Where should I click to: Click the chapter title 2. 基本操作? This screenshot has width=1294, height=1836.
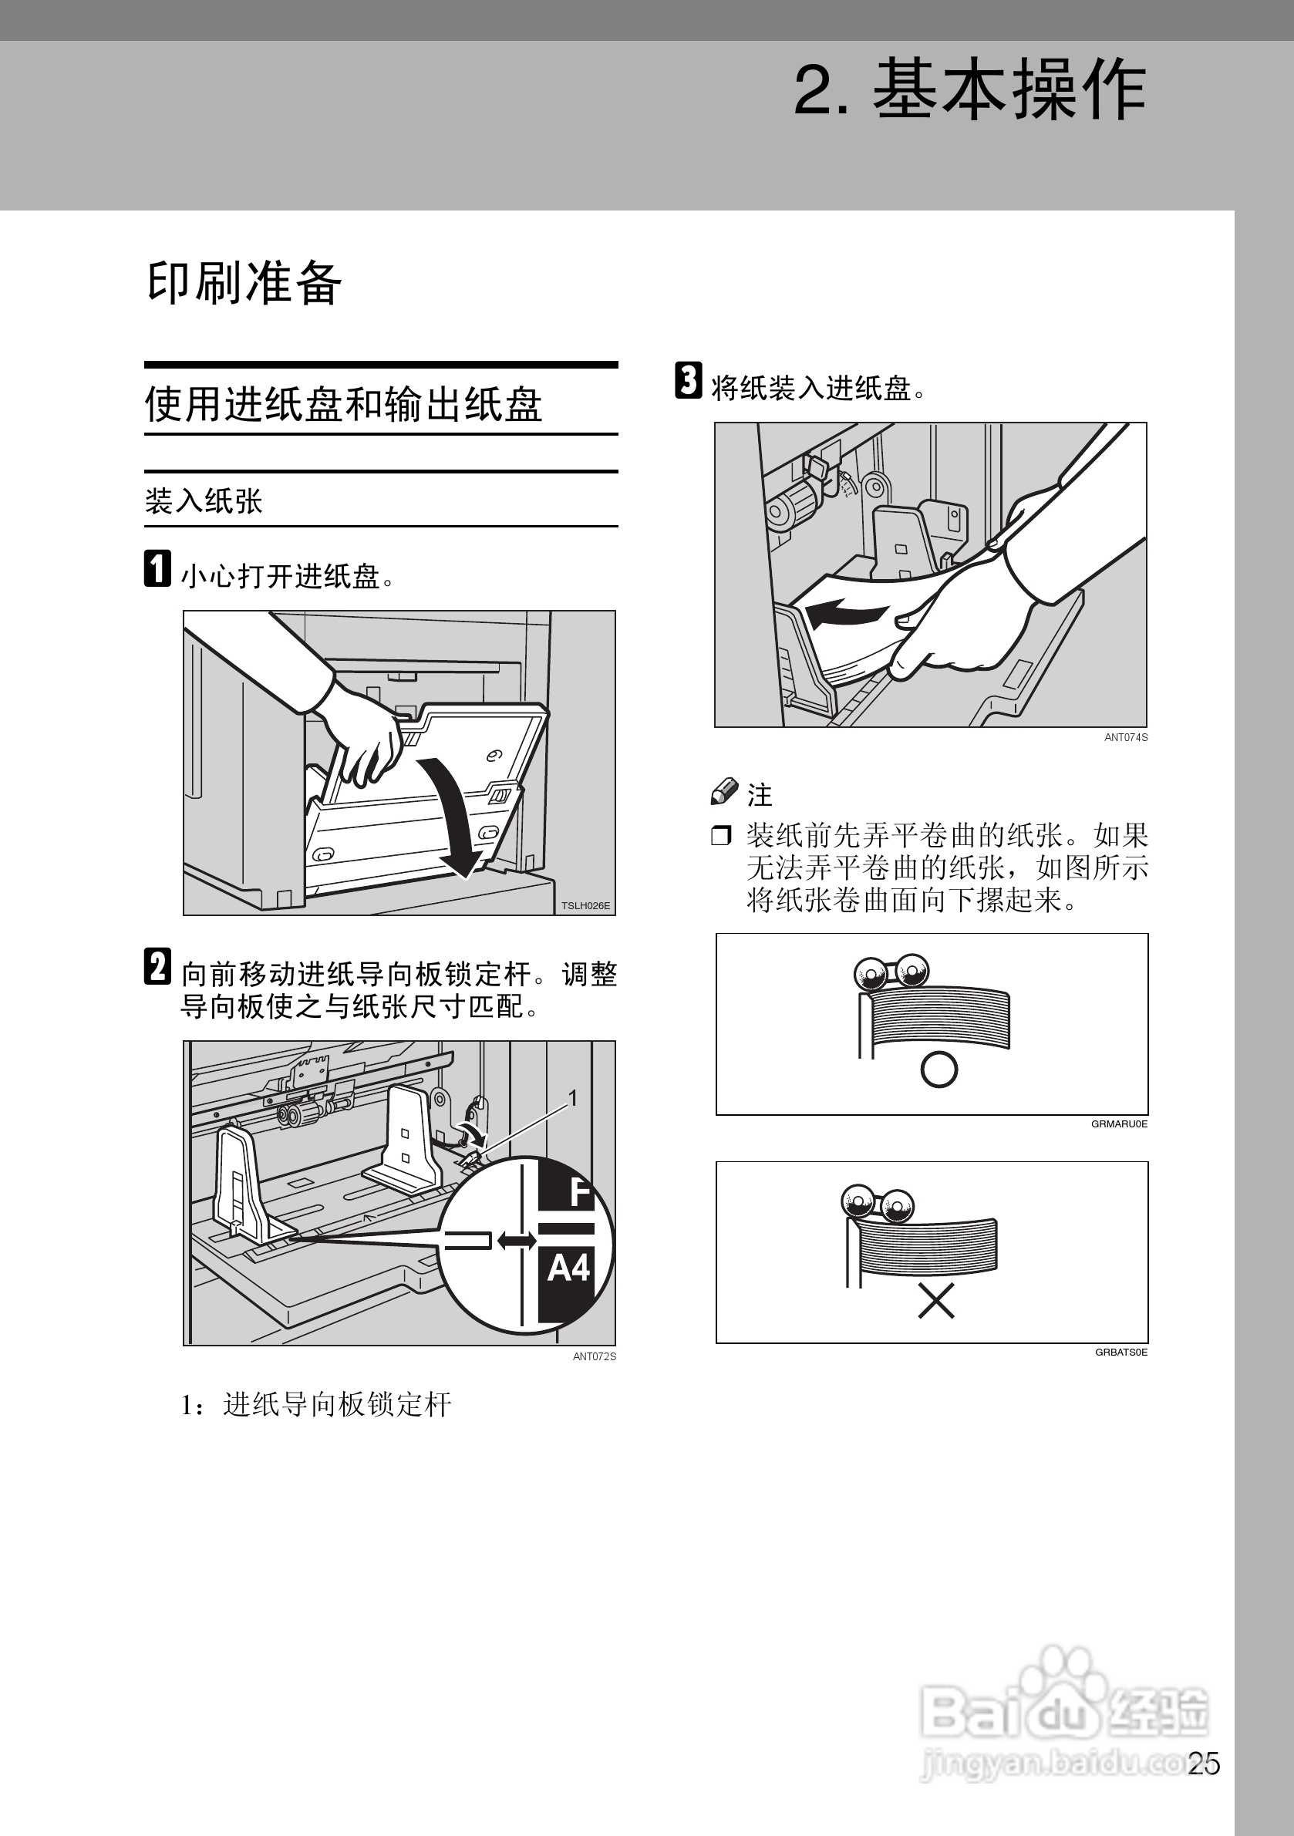(969, 89)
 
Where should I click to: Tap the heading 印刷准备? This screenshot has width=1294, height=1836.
(244, 283)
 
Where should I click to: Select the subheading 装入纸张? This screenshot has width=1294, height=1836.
(204, 501)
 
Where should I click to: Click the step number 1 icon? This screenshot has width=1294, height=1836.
(157, 568)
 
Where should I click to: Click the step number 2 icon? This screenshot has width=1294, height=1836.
(157, 966)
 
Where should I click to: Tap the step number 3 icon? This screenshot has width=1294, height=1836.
(689, 381)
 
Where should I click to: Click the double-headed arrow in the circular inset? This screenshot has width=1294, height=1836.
(517, 1240)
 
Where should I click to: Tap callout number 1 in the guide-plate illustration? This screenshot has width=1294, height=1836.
(573, 1099)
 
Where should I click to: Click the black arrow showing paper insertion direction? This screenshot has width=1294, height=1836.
(844, 614)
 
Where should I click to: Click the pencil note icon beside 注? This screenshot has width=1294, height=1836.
(724, 792)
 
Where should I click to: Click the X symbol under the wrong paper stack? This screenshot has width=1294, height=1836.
(936, 1301)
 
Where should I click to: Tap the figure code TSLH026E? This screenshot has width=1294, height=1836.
(585, 906)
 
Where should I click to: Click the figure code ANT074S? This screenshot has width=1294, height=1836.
(1125, 737)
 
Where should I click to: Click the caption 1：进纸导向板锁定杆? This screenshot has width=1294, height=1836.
(316, 1405)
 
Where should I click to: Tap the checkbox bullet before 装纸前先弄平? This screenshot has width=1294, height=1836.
(720, 837)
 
